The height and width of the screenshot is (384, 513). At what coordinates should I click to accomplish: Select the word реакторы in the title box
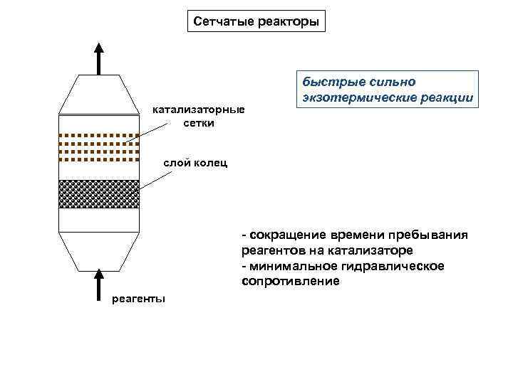tap(288, 21)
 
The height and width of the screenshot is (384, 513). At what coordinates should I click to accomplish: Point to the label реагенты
tap(139, 298)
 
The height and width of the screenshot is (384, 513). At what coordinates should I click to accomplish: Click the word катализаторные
tap(198, 110)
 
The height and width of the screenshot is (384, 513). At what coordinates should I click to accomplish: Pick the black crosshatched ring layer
tap(98, 194)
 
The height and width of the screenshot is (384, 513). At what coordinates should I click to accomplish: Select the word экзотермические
tap(356, 97)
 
